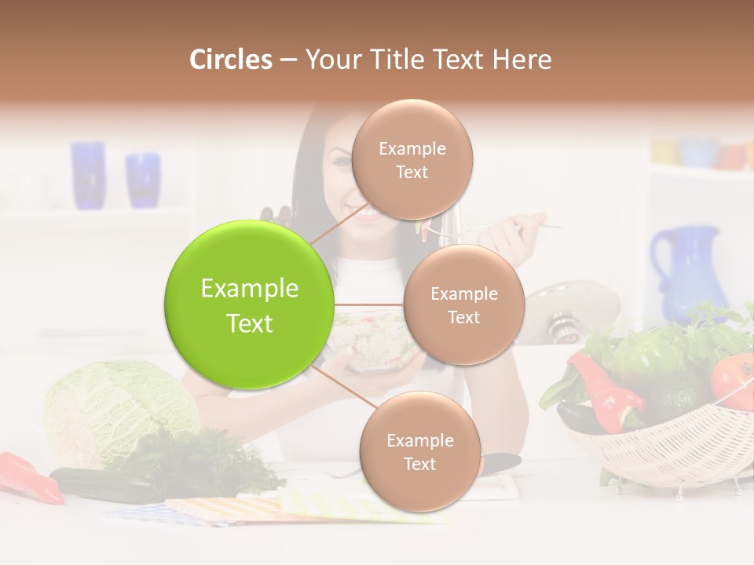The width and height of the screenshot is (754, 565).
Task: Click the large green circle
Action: coord(249,304)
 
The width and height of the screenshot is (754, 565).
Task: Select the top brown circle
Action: coord(412,159)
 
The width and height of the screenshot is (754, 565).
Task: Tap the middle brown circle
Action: coord(463,304)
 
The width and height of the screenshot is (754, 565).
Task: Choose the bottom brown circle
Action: coord(419,451)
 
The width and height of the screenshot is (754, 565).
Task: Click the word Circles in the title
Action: coord(231,59)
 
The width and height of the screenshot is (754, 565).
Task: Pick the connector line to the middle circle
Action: coord(369,304)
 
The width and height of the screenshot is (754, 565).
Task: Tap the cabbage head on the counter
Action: coord(118,408)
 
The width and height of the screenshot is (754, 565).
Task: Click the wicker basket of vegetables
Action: coord(668,447)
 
